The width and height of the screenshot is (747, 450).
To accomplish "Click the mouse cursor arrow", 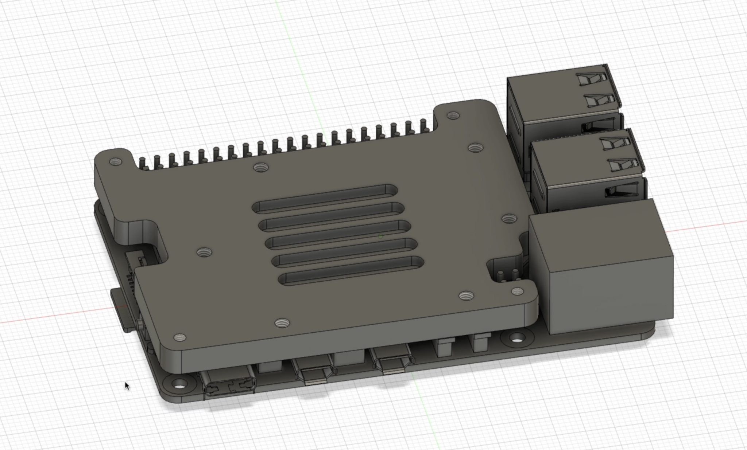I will click(127, 386).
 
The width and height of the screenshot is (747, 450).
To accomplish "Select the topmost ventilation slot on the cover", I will click(325, 199).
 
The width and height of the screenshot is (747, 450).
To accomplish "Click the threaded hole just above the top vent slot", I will click(260, 168).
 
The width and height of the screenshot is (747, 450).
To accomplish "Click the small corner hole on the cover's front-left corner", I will click(179, 338).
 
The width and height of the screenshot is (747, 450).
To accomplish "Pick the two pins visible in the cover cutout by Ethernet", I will click(507, 274).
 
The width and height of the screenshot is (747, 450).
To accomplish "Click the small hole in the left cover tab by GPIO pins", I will click(115, 161).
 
